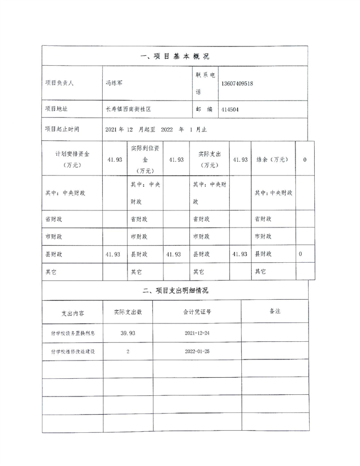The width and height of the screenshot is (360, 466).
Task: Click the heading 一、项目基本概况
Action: click(175, 56)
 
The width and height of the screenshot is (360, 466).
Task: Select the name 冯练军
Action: click(114, 83)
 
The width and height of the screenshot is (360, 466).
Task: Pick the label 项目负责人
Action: click(59, 83)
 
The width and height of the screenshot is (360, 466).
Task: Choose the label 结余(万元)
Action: click(273, 159)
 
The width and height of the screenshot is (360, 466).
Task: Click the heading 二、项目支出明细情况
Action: click(175, 290)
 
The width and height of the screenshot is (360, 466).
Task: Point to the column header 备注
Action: click(275, 311)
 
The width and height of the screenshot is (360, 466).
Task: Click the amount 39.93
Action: click(128, 333)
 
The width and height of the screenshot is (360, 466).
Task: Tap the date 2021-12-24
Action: click(197, 333)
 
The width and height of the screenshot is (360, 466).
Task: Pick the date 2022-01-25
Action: click(197, 351)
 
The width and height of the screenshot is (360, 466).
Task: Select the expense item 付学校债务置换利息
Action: click(72, 333)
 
